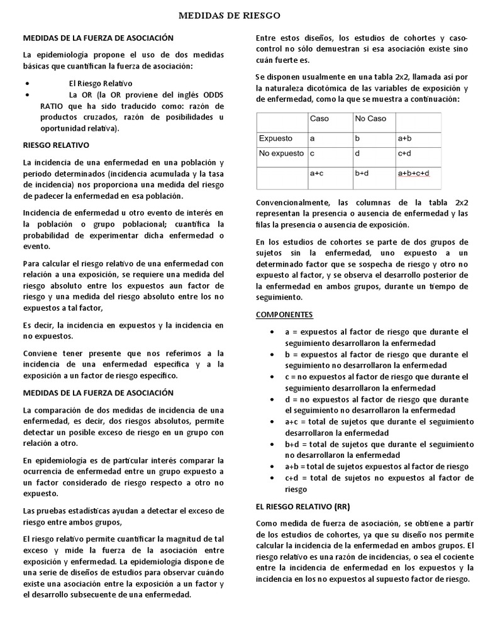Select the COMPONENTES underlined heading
pos(284,314)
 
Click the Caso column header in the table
pos(319,119)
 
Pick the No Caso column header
pos(370,119)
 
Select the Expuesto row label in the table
pos(276,138)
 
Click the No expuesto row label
pos(281,153)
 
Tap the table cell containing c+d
pos(404,153)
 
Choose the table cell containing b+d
pos(363,173)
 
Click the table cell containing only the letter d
pos(357,153)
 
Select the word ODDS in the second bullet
pos(211,94)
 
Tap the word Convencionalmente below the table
pos(292,203)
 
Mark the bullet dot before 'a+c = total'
pos(270,422)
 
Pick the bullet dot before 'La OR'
pos(28,94)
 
